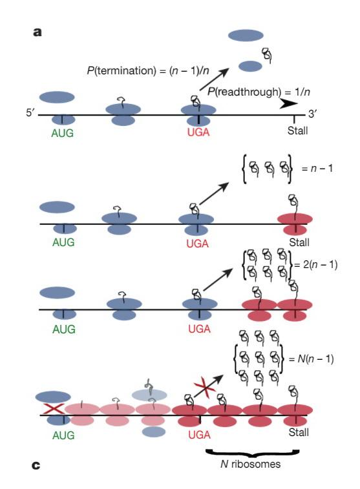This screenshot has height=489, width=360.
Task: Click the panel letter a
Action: [x=37, y=30]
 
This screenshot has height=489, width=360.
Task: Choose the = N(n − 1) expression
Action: [x=317, y=359]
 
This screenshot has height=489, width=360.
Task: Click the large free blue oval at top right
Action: [x=246, y=36]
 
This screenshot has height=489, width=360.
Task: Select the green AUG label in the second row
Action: [x=62, y=242]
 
